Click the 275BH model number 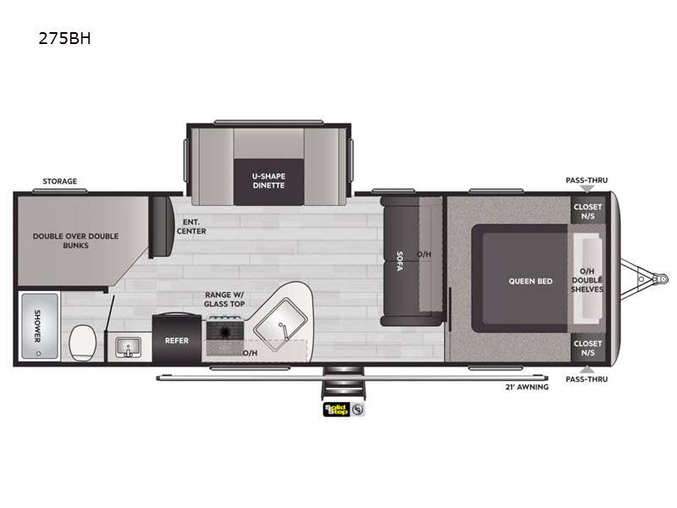pyautogui.click(x=65, y=38)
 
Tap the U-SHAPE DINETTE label pyautogui.click(x=268, y=181)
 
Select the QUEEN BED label pyautogui.click(x=531, y=281)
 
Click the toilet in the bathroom pyautogui.click(x=83, y=343)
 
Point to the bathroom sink pyautogui.click(x=129, y=347)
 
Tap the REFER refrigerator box pyautogui.click(x=177, y=340)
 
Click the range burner pyautogui.click(x=224, y=332)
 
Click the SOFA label pyautogui.click(x=399, y=261)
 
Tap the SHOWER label pyautogui.click(x=37, y=326)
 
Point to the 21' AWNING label pyautogui.click(x=526, y=387)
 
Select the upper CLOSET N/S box pyautogui.click(x=587, y=211)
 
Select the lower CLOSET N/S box pyautogui.click(x=587, y=348)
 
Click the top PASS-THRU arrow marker pyautogui.click(x=586, y=189)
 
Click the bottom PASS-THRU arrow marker pyautogui.click(x=586, y=369)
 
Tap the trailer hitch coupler pyautogui.click(x=661, y=279)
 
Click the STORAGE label pyautogui.click(x=59, y=181)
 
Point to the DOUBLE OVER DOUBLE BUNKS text pyautogui.click(x=75, y=240)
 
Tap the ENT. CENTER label pyautogui.click(x=191, y=226)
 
